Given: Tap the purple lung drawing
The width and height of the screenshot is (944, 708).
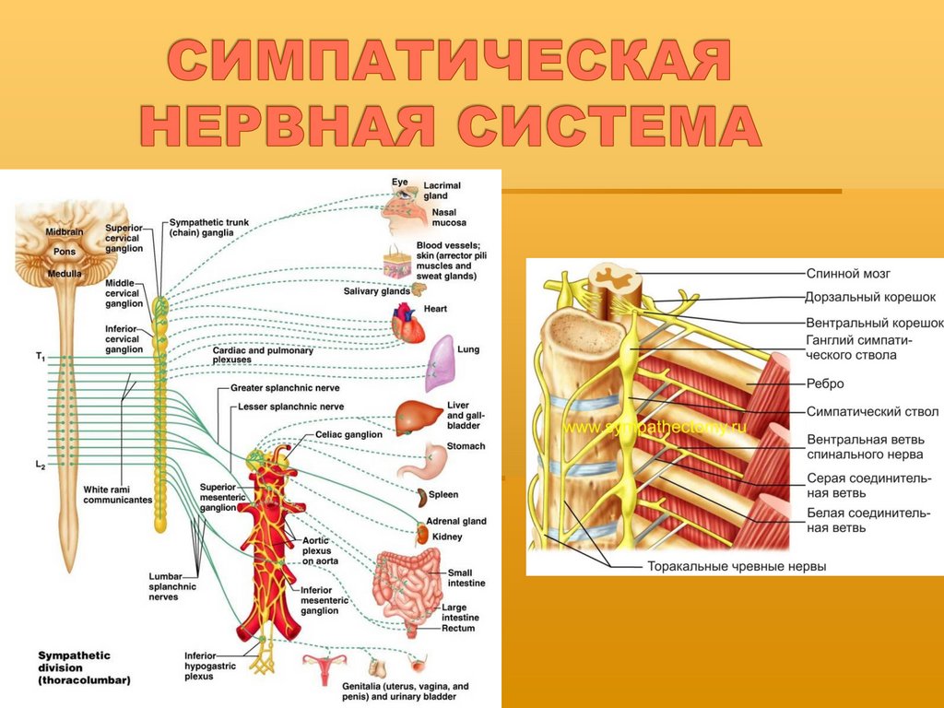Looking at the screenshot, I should tap(442, 360).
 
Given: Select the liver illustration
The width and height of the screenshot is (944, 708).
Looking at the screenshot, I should tap(415, 417).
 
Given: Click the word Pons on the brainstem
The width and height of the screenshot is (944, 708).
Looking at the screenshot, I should tap(65, 251).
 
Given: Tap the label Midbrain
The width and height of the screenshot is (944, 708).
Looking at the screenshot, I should tap(65, 232).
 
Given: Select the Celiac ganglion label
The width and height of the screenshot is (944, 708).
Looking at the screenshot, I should tap(348, 434).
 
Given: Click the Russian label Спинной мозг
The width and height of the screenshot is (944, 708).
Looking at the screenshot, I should tap(848, 274).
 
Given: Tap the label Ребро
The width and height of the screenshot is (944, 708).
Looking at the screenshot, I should tap(825, 383).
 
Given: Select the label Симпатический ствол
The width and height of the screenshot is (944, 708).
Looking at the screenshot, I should tap(872, 411).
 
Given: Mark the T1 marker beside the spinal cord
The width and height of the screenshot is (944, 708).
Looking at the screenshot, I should tap(40, 355).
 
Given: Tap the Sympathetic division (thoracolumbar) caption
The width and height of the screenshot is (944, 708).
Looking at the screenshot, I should tap(84, 667).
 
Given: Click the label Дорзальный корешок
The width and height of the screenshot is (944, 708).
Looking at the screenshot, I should tap(870, 298).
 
